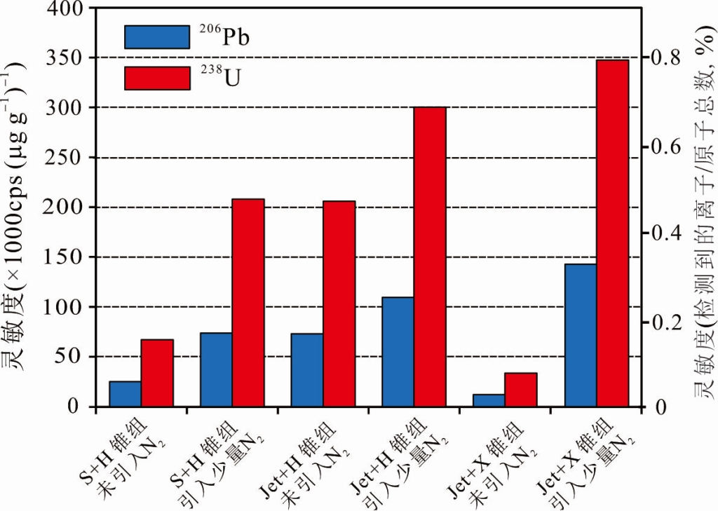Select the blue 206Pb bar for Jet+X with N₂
[581, 335]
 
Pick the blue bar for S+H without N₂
[125, 394]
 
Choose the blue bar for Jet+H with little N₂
[398, 352]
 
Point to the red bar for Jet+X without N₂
[521, 390]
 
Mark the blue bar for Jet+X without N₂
[489, 400]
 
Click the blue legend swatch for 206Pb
[156, 37]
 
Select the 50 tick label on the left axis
[79, 357]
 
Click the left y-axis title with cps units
[19, 210]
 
